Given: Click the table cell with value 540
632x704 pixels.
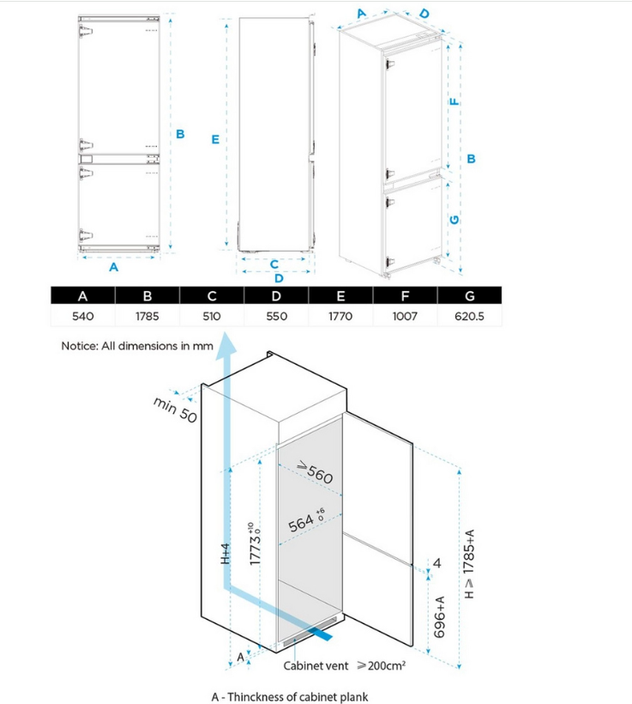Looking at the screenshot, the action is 83,316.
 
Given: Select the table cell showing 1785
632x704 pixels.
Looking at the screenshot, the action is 147,316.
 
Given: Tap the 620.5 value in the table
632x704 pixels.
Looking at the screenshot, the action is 469,316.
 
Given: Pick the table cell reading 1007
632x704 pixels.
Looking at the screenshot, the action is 405,316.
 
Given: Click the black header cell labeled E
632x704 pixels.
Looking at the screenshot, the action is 341,296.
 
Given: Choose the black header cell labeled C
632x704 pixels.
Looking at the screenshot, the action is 212,296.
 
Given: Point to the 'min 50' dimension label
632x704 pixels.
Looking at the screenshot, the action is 175,410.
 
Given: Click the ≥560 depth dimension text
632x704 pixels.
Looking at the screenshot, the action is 316,473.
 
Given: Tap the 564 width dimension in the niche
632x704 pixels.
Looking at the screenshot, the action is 306,521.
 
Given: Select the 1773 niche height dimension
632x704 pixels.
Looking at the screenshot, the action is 255,543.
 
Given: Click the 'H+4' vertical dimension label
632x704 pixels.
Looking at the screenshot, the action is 226,554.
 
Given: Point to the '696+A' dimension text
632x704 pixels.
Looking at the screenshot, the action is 440,617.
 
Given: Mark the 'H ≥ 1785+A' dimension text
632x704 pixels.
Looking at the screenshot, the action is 469,564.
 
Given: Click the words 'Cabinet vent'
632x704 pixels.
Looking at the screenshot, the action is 316,665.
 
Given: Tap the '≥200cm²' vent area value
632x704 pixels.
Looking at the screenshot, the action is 382,665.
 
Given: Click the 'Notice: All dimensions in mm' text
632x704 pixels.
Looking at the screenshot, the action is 137,346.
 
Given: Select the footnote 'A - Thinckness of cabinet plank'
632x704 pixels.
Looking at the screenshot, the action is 290,697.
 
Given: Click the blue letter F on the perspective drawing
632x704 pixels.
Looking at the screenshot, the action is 454,101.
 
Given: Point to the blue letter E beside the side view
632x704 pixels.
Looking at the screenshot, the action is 215,140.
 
